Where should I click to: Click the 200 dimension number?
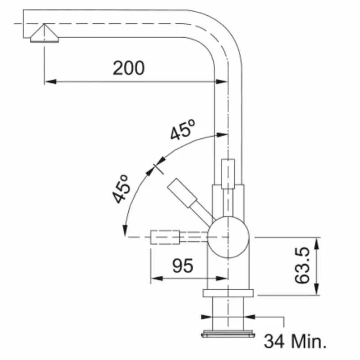pyautogui.click(x=129, y=68)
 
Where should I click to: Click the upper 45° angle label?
pyautogui.click(x=182, y=130)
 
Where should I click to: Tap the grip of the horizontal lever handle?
pyautogui.click(x=165, y=237)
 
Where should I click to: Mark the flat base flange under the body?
pyautogui.click(x=228, y=293)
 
